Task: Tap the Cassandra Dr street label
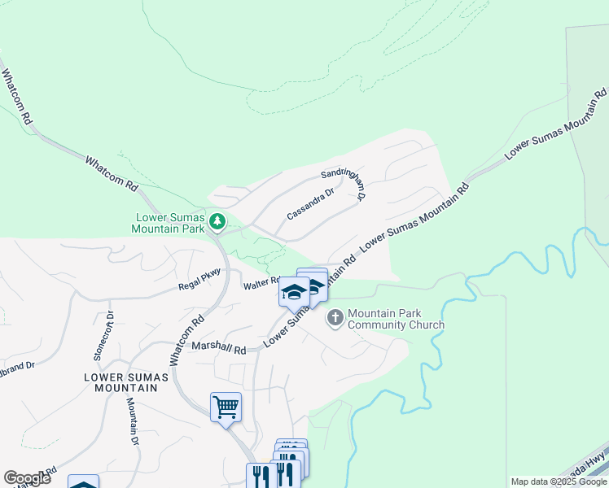point(310,204)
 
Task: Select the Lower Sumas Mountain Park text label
point(170,223)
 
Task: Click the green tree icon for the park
point(217,220)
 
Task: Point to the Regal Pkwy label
point(200,279)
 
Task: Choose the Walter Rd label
point(261,284)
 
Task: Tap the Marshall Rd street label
point(218,348)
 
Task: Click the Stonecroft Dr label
point(103,335)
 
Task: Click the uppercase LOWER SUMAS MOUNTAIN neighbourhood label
point(125,382)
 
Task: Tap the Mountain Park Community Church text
point(396,319)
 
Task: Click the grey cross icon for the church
point(335,318)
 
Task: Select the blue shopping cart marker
point(226,406)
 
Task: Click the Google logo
point(27,478)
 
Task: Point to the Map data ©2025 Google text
point(559,481)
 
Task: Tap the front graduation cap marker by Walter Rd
point(293,292)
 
